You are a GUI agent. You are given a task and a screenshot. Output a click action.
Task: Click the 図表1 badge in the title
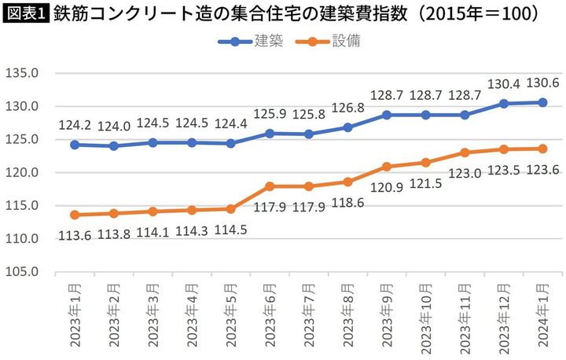[x=26, y=13]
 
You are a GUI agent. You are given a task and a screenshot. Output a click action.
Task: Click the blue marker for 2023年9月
[x=386, y=115]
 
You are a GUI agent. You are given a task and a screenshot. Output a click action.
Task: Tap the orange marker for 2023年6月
[x=270, y=186]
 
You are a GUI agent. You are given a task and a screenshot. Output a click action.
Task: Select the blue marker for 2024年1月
[x=542, y=102]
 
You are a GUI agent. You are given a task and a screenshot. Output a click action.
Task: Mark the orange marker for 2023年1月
[x=74, y=215]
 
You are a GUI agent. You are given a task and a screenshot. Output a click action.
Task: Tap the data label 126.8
[x=347, y=109]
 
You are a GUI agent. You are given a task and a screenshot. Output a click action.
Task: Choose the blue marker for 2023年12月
[x=503, y=104]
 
